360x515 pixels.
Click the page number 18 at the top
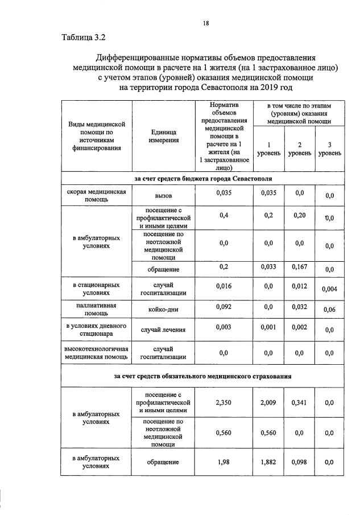pyautogui.click(x=206, y=23)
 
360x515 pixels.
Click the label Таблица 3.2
pyautogui.click(x=84, y=38)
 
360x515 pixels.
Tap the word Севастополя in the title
pyautogui.click(x=225, y=88)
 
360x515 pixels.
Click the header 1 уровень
pyautogui.click(x=268, y=149)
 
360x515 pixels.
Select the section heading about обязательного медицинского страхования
pyautogui.click(x=204, y=376)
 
